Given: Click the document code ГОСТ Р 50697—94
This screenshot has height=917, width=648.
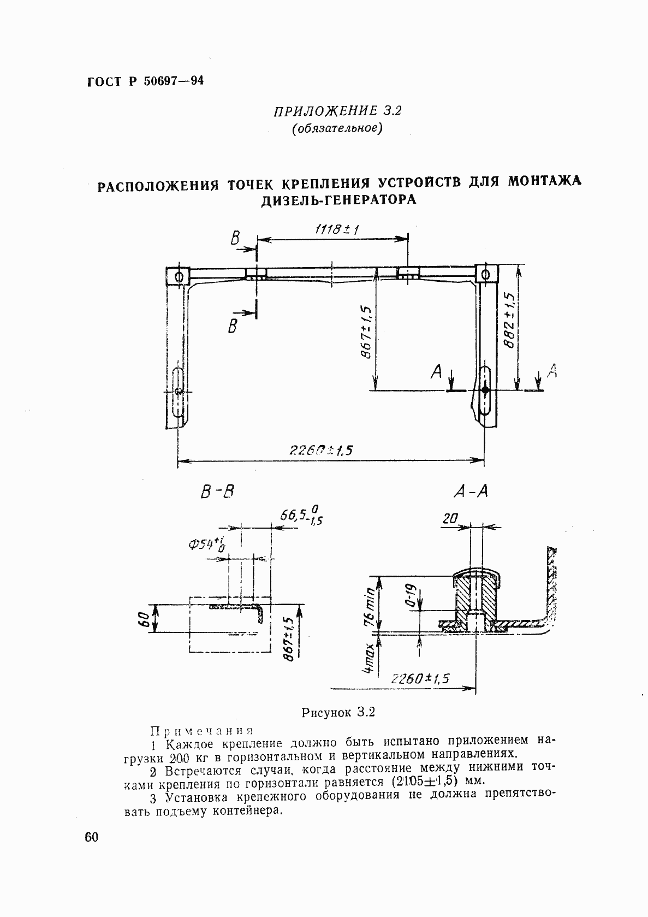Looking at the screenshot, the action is [x=145, y=82].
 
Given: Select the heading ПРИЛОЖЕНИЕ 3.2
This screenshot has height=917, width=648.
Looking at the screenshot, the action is [x=337, y=111].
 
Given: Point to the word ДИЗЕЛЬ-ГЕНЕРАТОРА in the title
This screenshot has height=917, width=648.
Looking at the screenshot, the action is [x=338, y=200].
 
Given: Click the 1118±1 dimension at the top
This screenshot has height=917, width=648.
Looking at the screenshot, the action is [x=336, y=230].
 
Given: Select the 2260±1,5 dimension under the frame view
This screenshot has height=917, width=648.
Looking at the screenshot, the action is [x=322, y=450].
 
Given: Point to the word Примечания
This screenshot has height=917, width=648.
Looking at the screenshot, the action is [x=201, y=731].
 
